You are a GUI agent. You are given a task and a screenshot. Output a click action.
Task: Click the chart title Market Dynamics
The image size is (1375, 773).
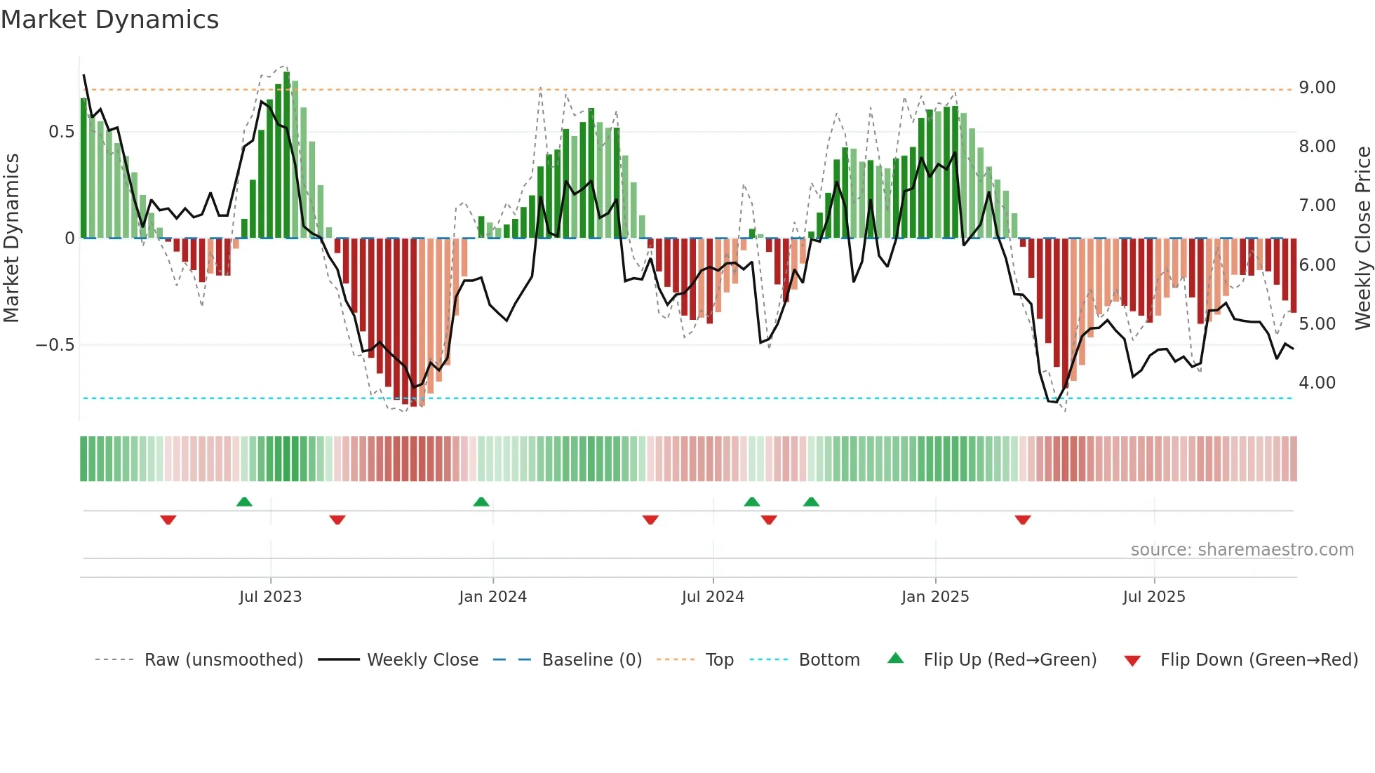[109, 20]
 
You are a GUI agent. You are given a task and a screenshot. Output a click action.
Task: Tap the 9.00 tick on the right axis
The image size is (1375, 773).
[1317, 88]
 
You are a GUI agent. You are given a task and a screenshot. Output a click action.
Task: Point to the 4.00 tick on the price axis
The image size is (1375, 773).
[1317, 383]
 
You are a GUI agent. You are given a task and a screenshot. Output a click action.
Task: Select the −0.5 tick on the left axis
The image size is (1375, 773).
[55, 345]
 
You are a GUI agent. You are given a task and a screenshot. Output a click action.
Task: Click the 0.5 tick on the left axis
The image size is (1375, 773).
[61, 132]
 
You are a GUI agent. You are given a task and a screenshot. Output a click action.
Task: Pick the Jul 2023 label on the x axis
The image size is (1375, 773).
[270, 597]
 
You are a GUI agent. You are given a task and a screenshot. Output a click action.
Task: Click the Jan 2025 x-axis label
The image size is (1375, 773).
[934, 597]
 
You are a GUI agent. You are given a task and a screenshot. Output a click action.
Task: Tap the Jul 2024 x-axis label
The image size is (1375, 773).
[712, 597]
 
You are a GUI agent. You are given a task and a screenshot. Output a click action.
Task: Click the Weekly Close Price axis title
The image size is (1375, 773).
[1362, 238]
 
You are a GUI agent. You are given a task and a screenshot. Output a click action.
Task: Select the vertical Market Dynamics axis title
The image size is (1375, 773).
[11, 238]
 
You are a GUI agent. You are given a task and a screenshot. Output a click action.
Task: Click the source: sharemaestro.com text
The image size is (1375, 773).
[1242, 550]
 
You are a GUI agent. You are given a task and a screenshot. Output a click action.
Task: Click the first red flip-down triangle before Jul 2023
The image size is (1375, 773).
[168, 520]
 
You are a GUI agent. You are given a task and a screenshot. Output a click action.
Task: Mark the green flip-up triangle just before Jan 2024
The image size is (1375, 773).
[481, 502]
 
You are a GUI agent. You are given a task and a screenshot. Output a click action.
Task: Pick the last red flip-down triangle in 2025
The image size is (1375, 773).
[1022, 520]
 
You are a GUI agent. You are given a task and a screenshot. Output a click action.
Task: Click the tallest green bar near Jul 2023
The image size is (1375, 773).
[286, 154]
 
